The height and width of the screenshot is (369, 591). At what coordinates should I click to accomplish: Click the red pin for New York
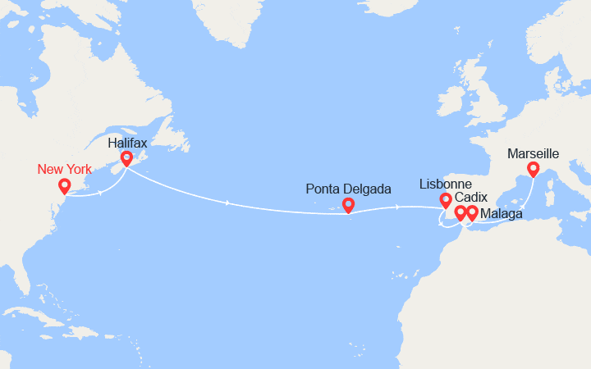(x=64, y=186)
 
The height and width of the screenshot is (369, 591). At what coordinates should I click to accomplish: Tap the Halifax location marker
(x=126, y=158)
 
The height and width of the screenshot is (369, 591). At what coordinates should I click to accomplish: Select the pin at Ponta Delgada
(x=348, y=205)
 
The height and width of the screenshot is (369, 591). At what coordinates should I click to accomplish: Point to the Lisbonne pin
(x=446, y=199)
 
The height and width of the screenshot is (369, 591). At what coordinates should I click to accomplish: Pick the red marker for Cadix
(x=460, y=212)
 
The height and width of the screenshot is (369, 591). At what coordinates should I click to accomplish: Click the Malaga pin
(x=472, y=212)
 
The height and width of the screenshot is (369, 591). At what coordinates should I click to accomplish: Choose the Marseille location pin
(x=533, y=169)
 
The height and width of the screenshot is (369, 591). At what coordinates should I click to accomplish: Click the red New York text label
(x=65, y=170)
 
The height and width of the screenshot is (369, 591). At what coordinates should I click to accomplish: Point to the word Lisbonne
(x=446, y=183)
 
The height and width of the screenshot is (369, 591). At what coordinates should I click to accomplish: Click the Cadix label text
(x=470, y=198)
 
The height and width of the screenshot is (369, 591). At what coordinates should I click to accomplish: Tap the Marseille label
(x=534, y=153)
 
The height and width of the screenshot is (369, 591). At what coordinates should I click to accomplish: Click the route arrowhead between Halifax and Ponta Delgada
(x=227, y=203)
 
